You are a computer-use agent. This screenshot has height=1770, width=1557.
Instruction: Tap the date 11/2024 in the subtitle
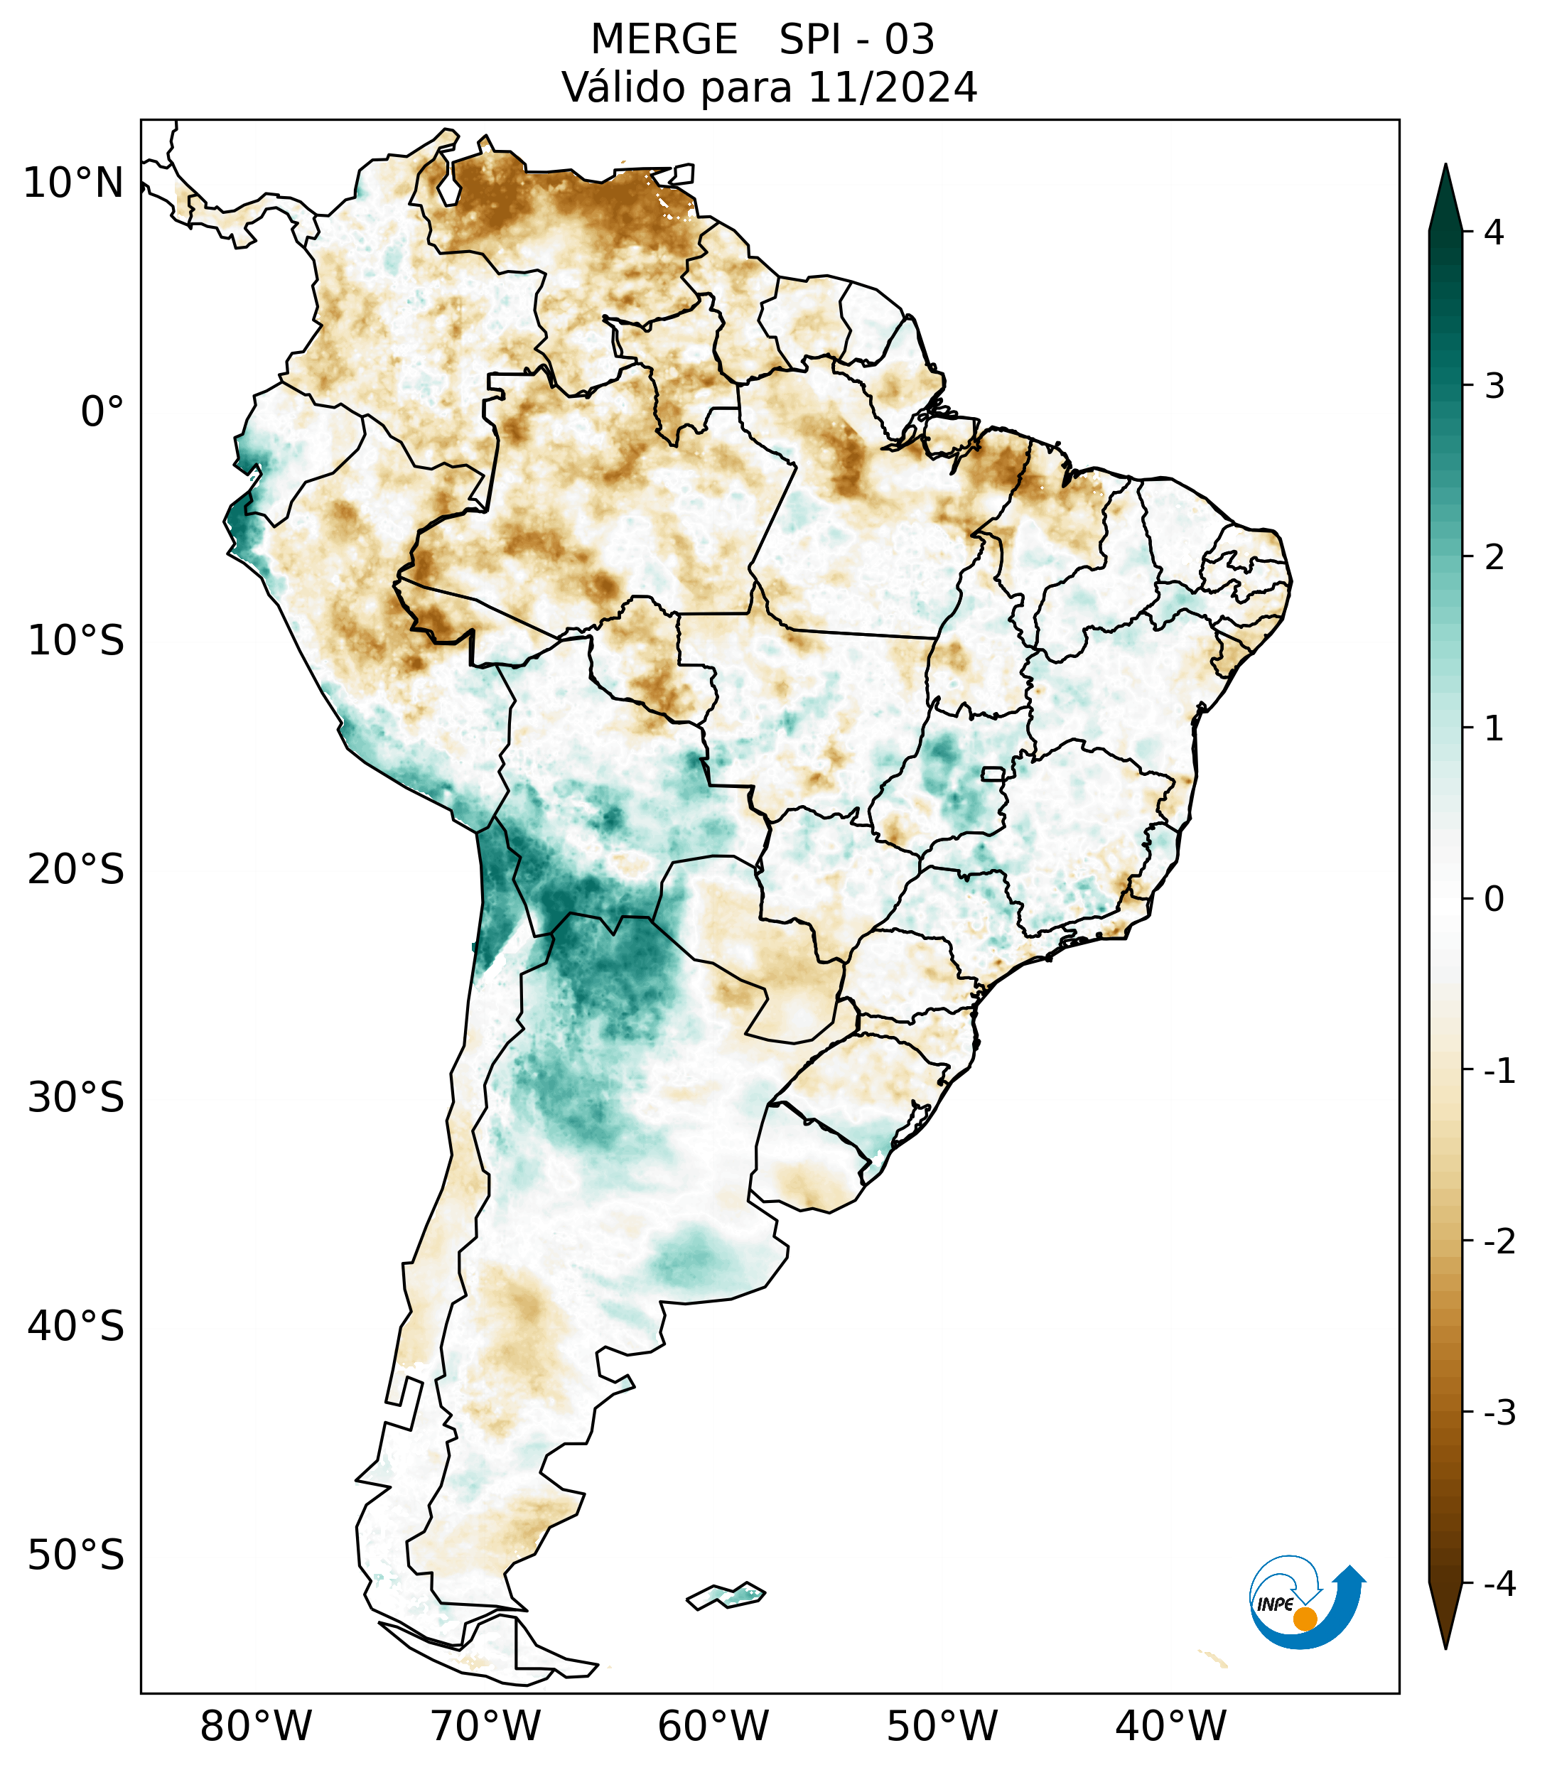(892, 87)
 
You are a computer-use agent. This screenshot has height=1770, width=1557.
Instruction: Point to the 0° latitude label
(102, 411)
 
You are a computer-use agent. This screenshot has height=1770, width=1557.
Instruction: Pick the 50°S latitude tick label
(76, 1555)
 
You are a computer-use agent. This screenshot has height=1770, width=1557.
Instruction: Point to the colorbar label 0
(1494, 900)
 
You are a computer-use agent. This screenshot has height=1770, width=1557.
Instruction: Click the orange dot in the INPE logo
(1304, 1618)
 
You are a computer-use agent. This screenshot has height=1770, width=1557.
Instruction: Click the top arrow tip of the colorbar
(1445, 166)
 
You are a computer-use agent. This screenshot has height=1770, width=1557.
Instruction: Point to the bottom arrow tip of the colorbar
(1445, 1646)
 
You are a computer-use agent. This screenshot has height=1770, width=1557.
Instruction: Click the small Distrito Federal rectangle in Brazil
(992, 772)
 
